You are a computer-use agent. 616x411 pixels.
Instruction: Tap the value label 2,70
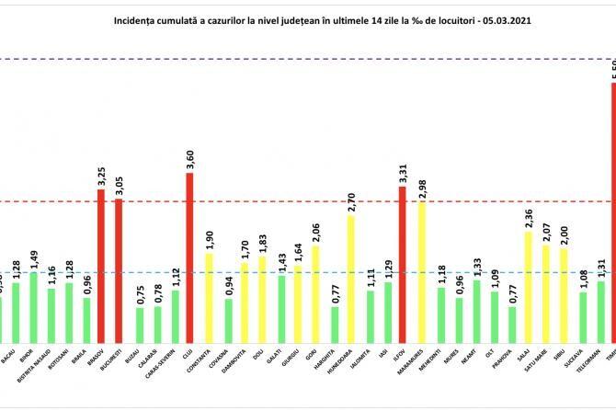[350, 200]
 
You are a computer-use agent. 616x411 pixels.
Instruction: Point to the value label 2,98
[422, 187]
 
